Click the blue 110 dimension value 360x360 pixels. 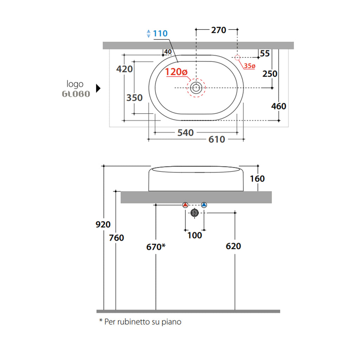point(160,33)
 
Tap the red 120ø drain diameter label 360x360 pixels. point(176,72)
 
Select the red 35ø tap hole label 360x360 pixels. point(250,66)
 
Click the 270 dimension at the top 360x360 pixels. point(219,30)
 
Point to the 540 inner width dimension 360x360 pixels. point(186,133)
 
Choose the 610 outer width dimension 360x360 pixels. point(217,139)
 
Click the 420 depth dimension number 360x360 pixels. point(124,69)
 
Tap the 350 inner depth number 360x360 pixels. point(134,98)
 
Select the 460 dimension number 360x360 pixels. point(278,106)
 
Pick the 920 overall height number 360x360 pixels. point(103,224)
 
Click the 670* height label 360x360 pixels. point(156,247)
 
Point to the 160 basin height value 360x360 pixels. point(257,179)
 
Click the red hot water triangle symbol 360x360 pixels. point(185,205)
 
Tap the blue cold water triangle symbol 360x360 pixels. point(204,205)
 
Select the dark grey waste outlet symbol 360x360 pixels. point(195,213)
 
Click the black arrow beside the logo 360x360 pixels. point(98,88)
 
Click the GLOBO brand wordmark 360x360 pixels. point(76,94)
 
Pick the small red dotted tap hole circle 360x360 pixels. point(237,57)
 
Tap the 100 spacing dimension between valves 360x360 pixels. point(195,235)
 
